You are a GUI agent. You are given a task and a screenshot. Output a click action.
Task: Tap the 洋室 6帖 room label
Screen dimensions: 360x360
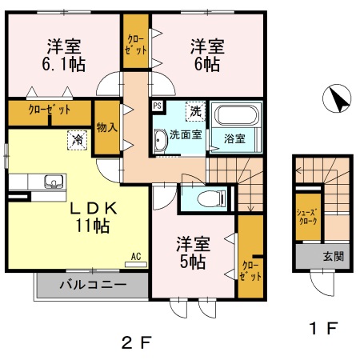pos(206,54)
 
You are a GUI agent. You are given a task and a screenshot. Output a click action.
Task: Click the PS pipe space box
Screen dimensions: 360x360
pos(157,106)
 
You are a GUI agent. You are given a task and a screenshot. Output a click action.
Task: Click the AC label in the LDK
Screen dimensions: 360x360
pos(136,257)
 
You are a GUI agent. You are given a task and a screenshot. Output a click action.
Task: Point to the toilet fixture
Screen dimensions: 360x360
pos(210,196)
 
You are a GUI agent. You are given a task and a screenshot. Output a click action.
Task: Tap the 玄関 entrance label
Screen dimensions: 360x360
pos(333,257)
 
